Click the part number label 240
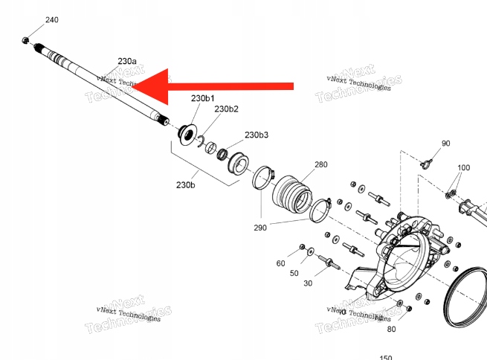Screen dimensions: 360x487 [51, 19]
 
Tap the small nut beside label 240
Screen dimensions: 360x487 [26, 39]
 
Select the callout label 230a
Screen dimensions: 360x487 [127, 60]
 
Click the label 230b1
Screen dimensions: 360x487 [203, 98]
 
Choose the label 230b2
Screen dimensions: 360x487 [226, 109]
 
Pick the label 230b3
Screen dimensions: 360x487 [257, 135]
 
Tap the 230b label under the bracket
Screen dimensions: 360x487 [186, 184]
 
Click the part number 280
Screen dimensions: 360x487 [320, 164]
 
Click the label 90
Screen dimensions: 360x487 [446, 144]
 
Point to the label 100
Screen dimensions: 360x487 [463, 169]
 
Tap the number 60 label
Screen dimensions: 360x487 [280, 263]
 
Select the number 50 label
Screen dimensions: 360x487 [294, 274]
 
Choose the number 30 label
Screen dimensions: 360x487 [307, 283]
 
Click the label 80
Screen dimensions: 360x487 [391, 328]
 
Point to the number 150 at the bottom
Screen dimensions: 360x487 [386, 357]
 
